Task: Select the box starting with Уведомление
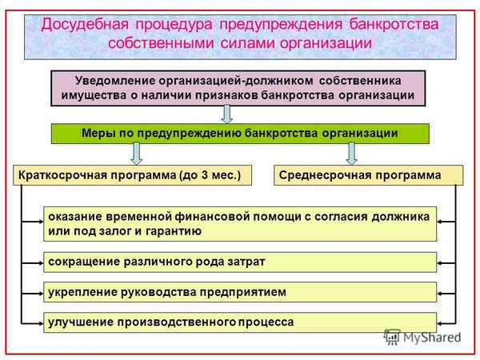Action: (x=238, y=88)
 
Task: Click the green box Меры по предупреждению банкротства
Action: (x=240, y=133)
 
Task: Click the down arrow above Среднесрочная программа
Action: (x=350, y=152)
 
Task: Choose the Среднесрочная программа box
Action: (x=368, y=174)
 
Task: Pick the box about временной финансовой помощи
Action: (x=240, y=223)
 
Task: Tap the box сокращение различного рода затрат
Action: (x=240, y=262)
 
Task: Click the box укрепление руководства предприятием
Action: (x=240, y=292)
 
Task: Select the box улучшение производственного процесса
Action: (x=240, y=322)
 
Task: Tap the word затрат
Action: (x=245, y=262)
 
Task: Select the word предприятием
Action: (x=243, y=292)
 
